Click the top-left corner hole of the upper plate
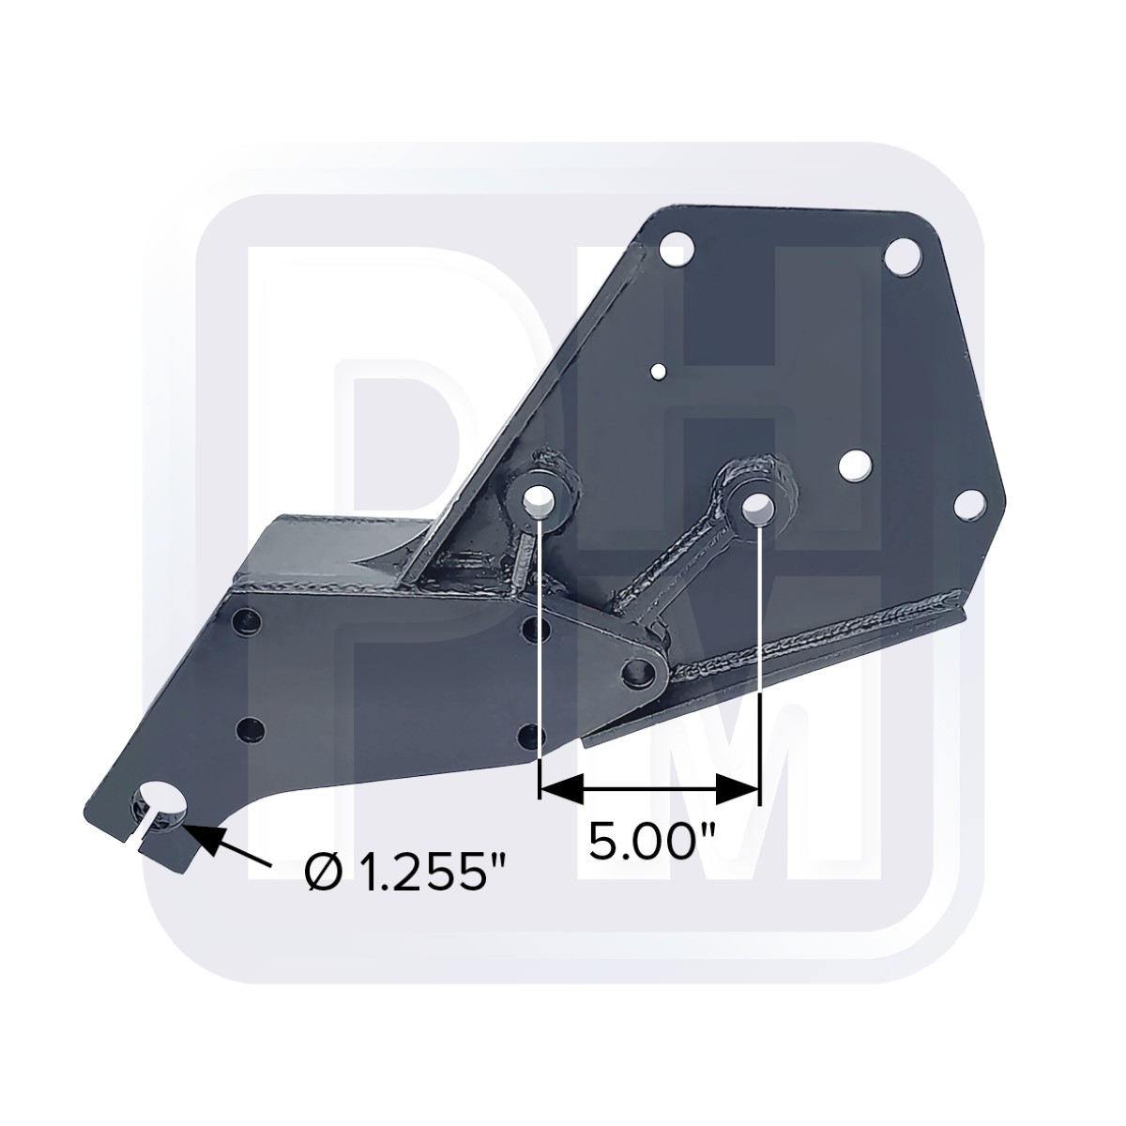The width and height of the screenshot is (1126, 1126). [677, 251]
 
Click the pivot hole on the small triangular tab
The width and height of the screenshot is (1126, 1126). [640, 672]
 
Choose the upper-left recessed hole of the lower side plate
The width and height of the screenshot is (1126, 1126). [247, 620]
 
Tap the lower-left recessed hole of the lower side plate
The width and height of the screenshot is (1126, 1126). [250, 729]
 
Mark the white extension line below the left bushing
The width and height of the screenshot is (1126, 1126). [540, 657]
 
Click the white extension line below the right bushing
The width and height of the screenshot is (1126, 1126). [758, 657]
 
